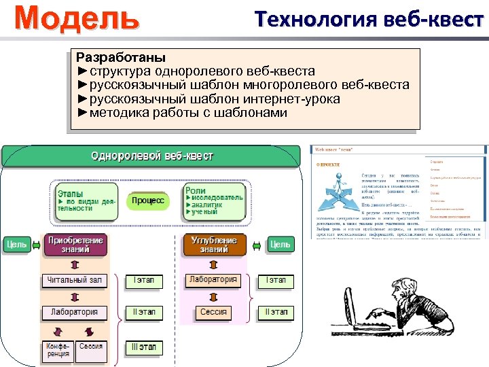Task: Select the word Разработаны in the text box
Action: pyautogui.click(x=121, y=57)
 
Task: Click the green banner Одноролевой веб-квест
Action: pyautogui.click(x=152, y=156)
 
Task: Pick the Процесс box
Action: pyautogui.click(x=148, y=200)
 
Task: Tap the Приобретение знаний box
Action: pyautogui.click(x=75, y=245)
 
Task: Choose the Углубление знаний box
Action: pyautogui.click(x=213, y=245)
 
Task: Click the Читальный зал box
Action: pyautogui.click(x=74, y=280)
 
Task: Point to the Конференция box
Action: pyautogui.click(x=57, y=351)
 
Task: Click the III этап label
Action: pyautogui.click(x=143, y=347)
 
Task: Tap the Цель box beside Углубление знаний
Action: pyautogui.click(x=279, y=245)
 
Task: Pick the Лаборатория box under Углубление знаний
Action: pyautogui.click(x=213, y=279)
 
